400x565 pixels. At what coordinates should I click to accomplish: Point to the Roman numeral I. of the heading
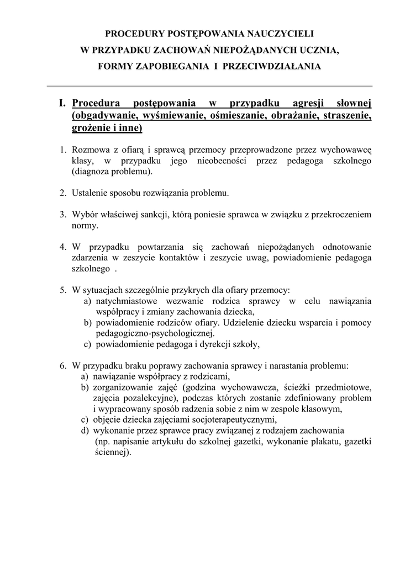pyautogui.click(x=62, y=103)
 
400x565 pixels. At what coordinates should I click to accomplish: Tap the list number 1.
pyautogui.click(x=64, y=150)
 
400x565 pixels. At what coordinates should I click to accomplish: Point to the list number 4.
pyautogui.click(x=64, y=247)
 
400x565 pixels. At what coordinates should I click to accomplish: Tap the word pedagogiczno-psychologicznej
pyautogui.click(x=155, y=333)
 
